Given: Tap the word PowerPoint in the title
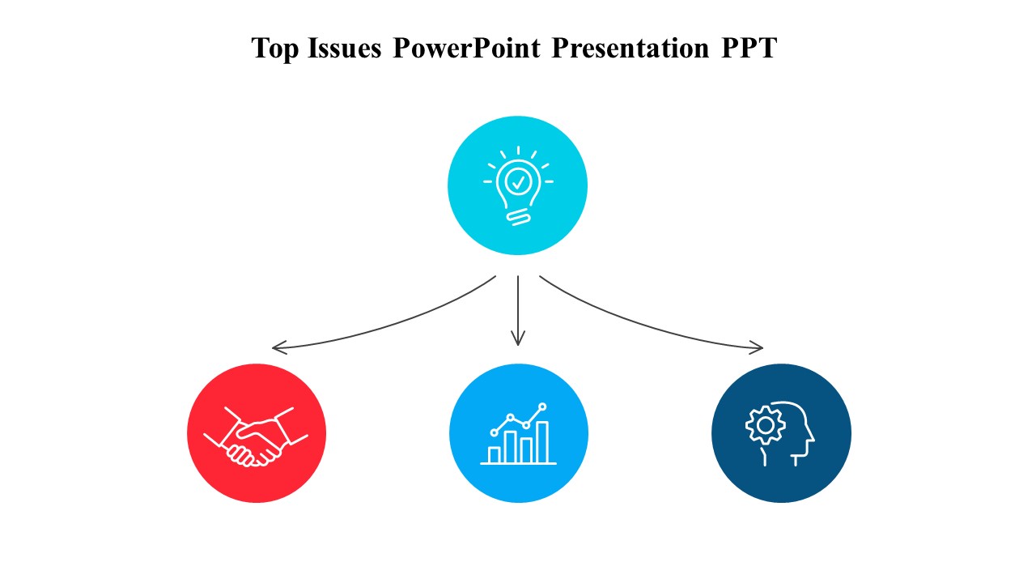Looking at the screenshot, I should [x=466, y=49].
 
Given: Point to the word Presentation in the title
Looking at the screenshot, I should [x=630, y=49].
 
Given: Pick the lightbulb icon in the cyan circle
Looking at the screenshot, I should [x=518, y=186].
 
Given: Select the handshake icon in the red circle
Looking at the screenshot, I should [x=256, y=436].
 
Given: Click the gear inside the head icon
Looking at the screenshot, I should [x=764, y=424].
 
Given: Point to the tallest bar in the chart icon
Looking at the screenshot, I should [x=542, y=441].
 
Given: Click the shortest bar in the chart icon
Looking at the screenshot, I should [x=494, y=454].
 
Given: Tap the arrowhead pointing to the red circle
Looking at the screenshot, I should [x=277, y=348].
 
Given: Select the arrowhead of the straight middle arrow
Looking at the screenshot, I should [x=518, y=341].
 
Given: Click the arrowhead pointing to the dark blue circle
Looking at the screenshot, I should [x=758, y=348].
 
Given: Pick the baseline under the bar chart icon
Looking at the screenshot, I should [x=519, y=464].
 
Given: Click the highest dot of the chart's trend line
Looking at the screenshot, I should [x=542, y=406].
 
